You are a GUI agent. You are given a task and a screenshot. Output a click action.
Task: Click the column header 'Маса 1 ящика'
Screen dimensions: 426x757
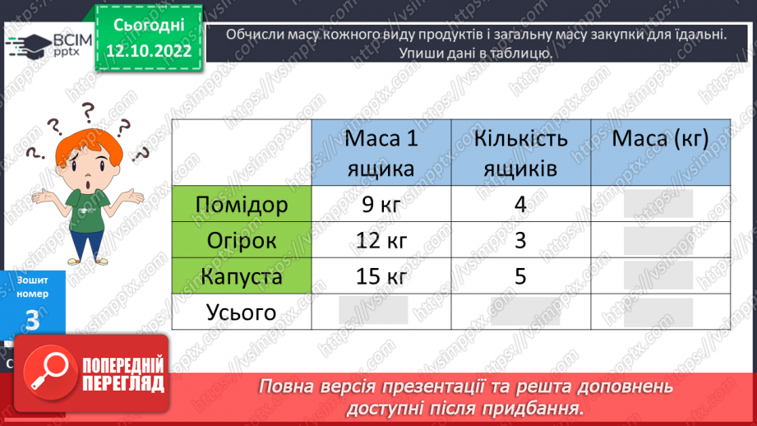381,153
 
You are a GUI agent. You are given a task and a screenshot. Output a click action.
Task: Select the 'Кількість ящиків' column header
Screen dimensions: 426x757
520,153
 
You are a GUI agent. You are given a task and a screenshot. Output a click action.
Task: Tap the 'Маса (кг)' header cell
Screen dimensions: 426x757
660,140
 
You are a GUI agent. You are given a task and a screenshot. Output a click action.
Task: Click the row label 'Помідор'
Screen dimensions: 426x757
242,204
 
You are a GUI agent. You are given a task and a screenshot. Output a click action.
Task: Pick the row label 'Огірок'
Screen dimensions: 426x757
242,240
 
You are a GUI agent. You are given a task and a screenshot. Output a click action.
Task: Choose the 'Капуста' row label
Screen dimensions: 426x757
242,276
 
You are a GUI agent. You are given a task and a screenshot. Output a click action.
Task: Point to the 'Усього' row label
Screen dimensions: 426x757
242,312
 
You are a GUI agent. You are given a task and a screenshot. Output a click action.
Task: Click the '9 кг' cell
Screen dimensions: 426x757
381,204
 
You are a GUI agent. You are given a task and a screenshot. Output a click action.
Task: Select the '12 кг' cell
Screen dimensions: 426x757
381,240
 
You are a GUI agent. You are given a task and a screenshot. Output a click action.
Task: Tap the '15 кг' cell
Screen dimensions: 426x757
381,276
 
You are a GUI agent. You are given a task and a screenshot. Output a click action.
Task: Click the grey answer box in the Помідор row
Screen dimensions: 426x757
658,204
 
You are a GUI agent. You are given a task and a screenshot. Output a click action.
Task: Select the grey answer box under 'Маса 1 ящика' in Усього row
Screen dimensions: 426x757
373,311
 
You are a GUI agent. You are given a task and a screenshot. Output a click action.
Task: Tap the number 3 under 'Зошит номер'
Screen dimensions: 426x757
32,320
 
